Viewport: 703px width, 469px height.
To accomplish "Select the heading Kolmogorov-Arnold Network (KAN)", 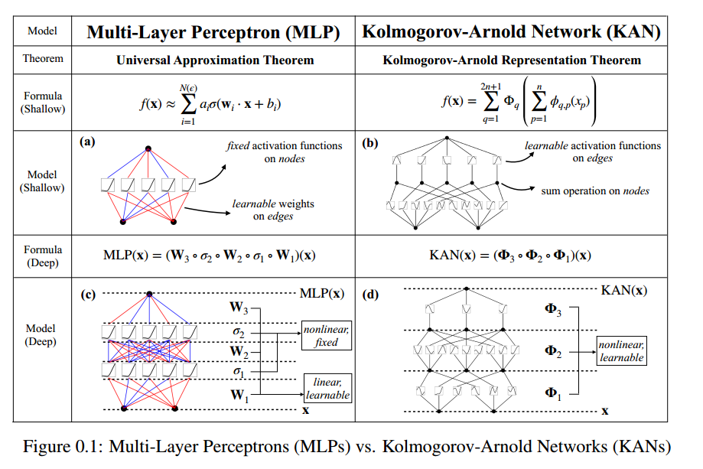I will pyautogui.click(x=511, y=32).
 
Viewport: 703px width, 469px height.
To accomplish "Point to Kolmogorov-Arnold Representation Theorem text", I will pyautogui.click(x=510, y=60).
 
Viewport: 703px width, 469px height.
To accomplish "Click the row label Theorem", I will pyautogui.click(x=43, y=58).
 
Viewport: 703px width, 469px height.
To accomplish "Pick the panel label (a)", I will pyautogui.click(x=87, y=142).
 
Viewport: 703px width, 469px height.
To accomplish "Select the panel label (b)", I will pyautogui.click(x=371, y=142).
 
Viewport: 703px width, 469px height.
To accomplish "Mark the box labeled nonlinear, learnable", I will pyautogui.click(x=621, y=351).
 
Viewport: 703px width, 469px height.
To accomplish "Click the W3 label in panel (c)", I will pyautogui.click(x=239, y=308).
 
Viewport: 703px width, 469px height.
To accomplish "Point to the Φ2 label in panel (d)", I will pyautogui.click(x=552, y=350).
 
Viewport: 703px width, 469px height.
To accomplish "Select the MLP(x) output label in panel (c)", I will pyautogui.click(x=321, y=293).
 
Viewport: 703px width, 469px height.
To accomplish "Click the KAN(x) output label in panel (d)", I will pyautogui.click(x=623, y=290).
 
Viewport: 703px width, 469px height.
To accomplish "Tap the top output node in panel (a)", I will pyautogui.click(x=148, y=147).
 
